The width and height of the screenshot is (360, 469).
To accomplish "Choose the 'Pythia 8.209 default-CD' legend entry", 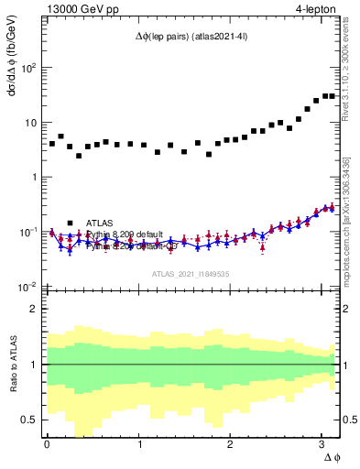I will (x=129, y=245).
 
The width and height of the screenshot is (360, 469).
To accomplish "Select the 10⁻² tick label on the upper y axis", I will (x=27, y=288).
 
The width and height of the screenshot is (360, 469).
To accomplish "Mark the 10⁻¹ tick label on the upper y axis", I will (x=27, y=233).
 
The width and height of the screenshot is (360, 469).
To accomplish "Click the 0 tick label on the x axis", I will (x=47, y=445).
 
